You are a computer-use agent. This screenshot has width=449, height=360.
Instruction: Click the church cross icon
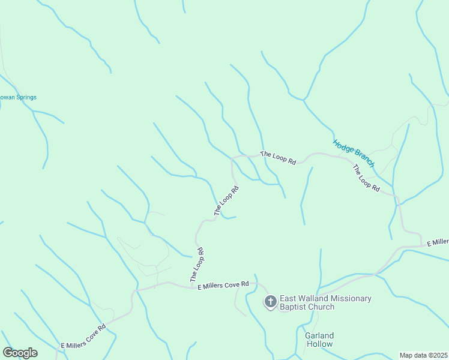point(271,302)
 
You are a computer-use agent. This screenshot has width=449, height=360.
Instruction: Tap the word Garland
point(319,336)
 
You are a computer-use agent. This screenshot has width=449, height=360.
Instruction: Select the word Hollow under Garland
point(319,344)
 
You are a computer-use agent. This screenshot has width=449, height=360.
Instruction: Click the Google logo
point(20,353)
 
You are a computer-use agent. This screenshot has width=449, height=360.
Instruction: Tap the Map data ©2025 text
point(423,355)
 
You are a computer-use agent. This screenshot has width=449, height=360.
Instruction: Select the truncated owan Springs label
point(18,97)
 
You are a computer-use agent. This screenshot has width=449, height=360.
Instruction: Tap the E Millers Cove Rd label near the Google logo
point(83,338)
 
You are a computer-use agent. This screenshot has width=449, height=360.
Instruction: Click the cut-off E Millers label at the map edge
point(438,242)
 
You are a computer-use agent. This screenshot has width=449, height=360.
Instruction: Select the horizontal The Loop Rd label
point(279,158)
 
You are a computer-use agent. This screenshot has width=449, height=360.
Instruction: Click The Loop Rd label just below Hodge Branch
point(366,178)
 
